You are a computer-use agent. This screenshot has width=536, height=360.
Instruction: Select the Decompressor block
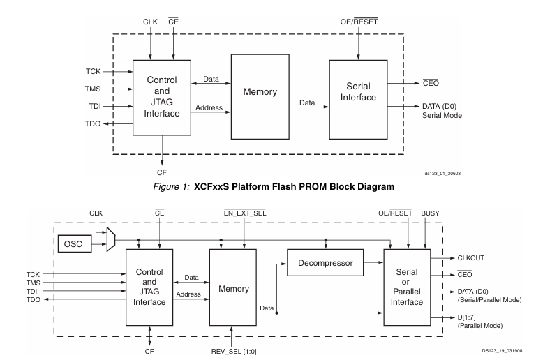tap(325, 264)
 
